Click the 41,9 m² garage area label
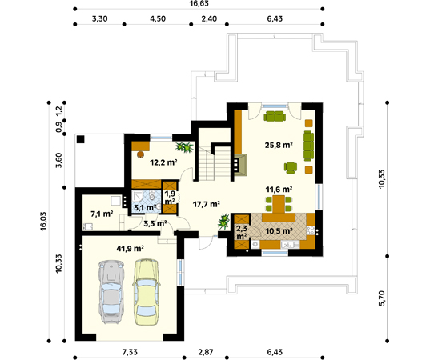click(129, 249)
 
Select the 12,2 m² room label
click(163, 162)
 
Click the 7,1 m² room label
click(101, 214)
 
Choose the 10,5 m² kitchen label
click(278, 230)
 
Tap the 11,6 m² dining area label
click(279, 190)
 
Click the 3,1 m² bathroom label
click(145, 207)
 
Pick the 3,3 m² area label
click(155, 224)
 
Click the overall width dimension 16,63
click(199, 5)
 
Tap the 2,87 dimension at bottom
click(205, 352)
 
